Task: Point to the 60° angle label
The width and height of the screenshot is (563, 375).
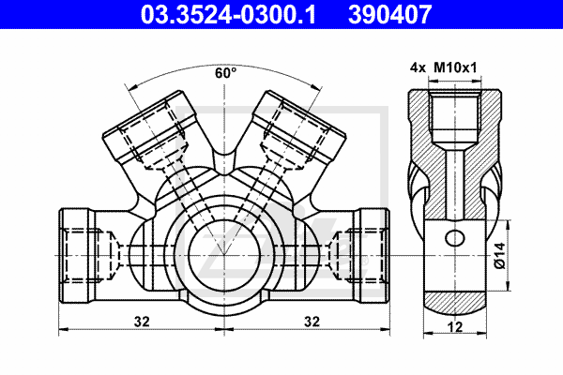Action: point(225,72)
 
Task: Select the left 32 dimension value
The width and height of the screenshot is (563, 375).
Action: point(142,321)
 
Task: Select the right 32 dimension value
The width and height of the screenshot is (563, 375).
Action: point(311,321)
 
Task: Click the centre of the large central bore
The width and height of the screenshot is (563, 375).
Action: point(225,253)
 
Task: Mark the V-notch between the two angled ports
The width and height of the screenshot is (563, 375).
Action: point(225,164)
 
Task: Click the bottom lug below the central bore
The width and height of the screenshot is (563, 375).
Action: point(225,306)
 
